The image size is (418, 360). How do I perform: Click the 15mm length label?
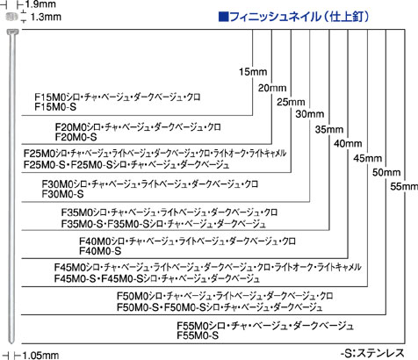tap(253, 72)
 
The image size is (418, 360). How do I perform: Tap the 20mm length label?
tap(272, 88)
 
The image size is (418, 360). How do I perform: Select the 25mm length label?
tap(291, 102)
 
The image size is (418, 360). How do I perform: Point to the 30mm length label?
tap(310, 114)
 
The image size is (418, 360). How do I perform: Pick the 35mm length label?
tap(329, 129)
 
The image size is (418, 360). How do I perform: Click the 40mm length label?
tap(348, 143)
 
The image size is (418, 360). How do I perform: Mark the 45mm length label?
tap(367, 158)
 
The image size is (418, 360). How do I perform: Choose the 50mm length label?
tap(386, 172)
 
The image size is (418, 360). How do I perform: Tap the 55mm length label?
tap(404, 186)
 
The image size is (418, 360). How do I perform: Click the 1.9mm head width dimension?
tap(40, 4)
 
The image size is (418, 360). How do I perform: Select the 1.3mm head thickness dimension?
tap(46, 17)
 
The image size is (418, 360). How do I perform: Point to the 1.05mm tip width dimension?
tap(40, 356)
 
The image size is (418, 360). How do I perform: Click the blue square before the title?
tap(223, 17)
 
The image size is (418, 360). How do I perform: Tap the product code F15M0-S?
tap(55, 107)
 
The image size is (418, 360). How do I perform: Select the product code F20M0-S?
tap(76, 137)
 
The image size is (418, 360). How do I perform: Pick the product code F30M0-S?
tap(62, 194)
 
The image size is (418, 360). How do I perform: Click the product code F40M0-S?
tap(100, 251)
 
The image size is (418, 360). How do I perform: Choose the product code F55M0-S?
tap(198, 335)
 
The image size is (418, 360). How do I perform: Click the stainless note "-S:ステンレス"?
tap(372, 353)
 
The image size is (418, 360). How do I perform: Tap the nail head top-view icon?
tap(12, 17)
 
